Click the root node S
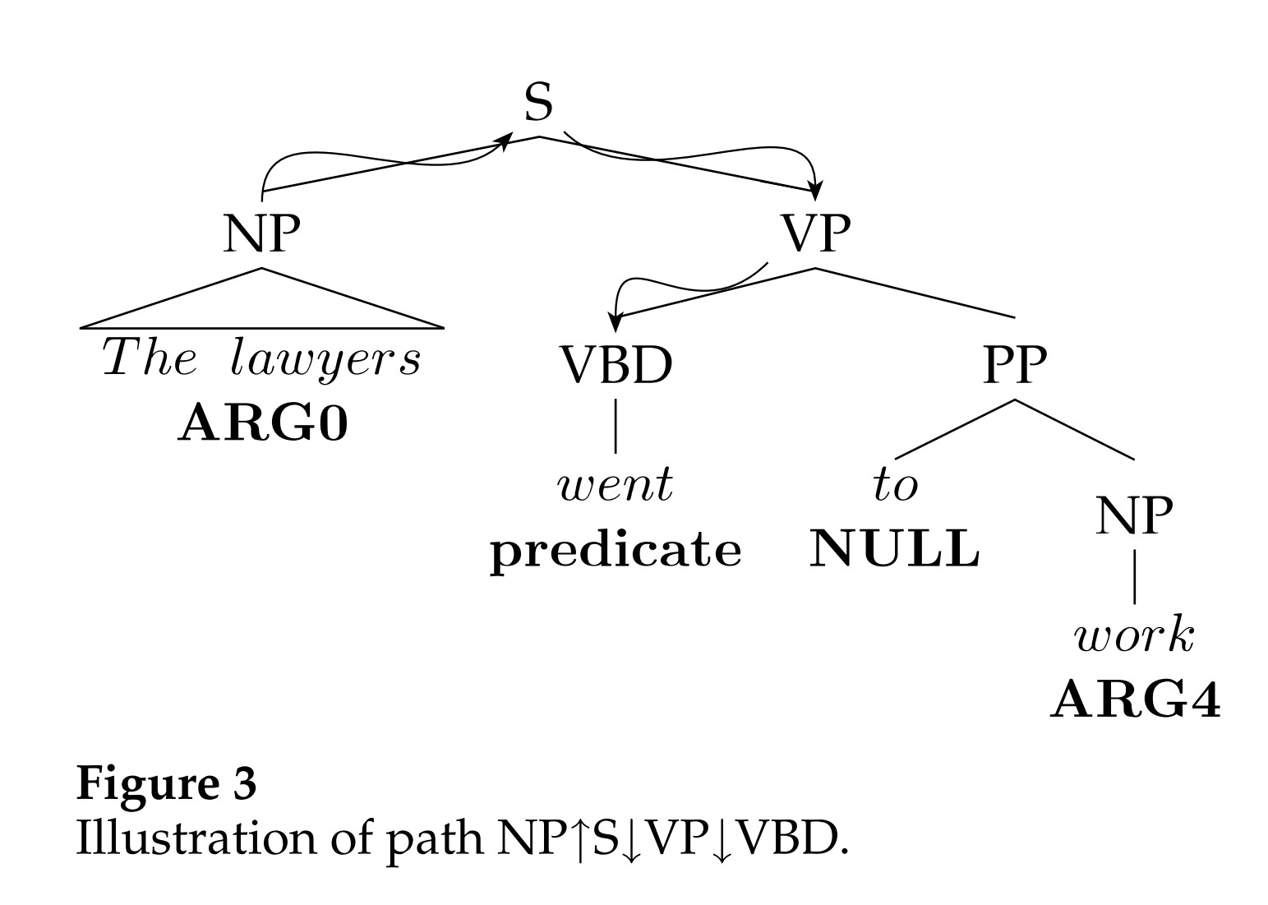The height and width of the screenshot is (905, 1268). [538, 104]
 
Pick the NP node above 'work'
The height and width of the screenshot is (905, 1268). [1135, 516]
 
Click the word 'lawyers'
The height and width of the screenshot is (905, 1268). [325, 360]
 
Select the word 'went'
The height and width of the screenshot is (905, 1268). [616, 485]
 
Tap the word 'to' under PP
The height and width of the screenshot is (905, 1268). [895, 485]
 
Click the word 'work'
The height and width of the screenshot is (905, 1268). [1134, 636]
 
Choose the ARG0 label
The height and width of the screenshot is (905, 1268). [263, 424]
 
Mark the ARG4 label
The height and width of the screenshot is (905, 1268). [1135, 700]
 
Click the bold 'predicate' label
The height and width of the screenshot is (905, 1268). [616, 551]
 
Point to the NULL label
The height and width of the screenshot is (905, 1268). [895, 549]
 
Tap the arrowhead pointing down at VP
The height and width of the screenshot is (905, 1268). [814, 192]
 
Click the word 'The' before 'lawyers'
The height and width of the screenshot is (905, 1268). [150, 358]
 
